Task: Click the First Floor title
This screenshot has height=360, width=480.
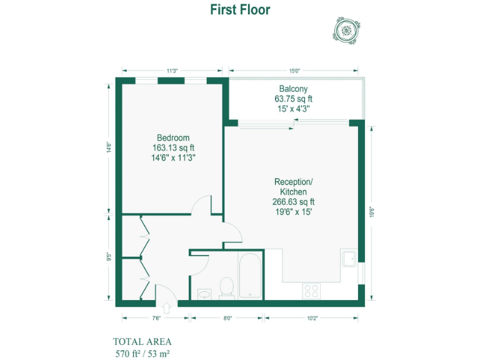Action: pos(240,10)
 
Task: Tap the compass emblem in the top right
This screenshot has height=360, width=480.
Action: pos(346,29)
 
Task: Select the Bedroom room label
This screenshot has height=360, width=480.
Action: pos(173,137)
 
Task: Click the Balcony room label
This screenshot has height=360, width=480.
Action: pos(293,89)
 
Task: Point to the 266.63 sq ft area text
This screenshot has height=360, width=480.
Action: pos(293,202)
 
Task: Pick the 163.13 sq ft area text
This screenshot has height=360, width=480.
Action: pos(173,148)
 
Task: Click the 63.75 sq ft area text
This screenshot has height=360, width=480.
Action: pos(293,99)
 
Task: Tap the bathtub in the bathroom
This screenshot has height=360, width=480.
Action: pos(250,276)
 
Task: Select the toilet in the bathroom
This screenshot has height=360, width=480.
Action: pos(226,288)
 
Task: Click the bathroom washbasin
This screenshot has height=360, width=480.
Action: pos(204,293)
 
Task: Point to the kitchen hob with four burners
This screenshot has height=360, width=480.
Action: pos(311,291)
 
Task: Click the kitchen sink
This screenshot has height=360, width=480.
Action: pos(349,258)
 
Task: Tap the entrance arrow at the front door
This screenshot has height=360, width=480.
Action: pos(167,308)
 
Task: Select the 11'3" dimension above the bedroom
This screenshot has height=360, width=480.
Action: pos(172,71)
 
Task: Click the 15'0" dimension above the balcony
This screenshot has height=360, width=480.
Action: pos(294,71)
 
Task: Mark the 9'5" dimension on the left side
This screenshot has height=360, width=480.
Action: pos(109,256)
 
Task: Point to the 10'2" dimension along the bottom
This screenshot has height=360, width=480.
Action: pos(312,318)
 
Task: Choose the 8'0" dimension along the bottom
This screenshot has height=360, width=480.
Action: pos(227,318)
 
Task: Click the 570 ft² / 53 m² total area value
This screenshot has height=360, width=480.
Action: pos(142,353)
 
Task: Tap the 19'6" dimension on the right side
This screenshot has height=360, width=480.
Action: pos(372,211)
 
